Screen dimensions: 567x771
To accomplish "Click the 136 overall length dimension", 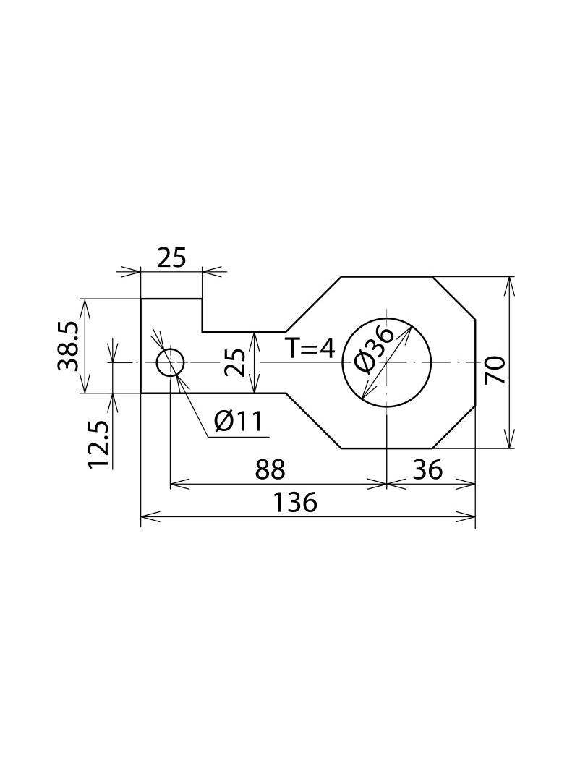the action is (x=295, y=503).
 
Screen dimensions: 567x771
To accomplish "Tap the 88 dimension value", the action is (x=270, y=469).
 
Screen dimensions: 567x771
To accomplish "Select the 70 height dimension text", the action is (x=494, y=370).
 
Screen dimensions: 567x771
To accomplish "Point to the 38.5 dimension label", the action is (x=68, y=346).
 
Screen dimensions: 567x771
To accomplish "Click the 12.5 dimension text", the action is (x=98, y=445).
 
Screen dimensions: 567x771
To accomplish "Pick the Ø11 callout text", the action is (x=239, y=422).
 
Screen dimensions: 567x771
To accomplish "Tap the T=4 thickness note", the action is (x=310, y=349).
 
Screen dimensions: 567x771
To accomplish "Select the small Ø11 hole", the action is (x=170, y=362).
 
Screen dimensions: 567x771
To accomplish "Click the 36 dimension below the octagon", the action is (x=428, y=469).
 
